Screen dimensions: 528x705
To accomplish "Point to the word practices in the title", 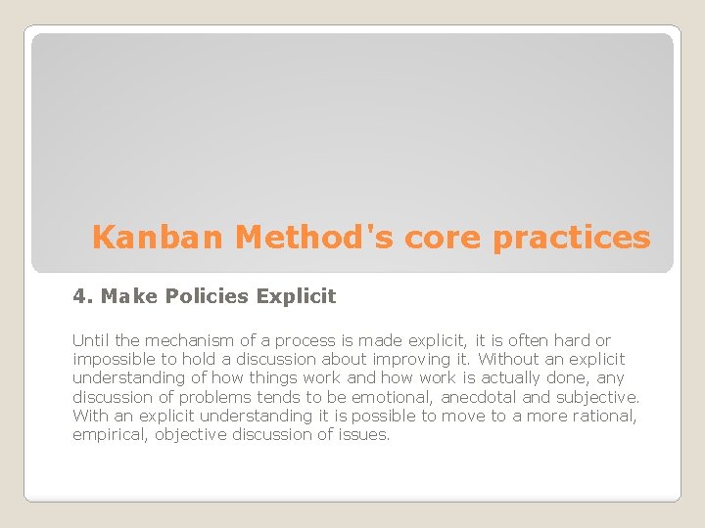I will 572,238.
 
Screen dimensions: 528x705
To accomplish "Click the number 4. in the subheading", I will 82,295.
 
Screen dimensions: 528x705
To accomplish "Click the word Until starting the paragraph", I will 90,340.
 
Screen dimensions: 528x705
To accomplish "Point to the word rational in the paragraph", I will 605,416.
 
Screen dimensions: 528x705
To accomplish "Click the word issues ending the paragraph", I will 366,435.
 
